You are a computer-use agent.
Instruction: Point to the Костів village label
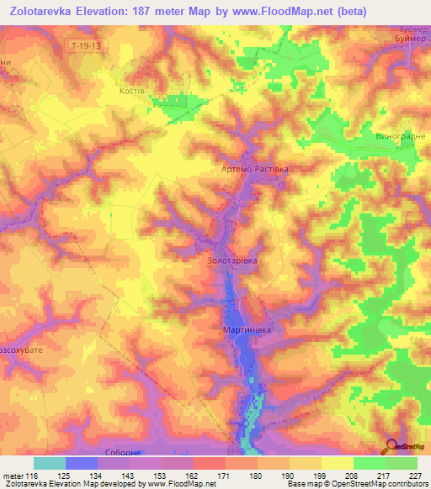pos(134,90)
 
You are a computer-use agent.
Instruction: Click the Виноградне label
pos(397,135)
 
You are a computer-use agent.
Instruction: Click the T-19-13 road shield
pos(87,48)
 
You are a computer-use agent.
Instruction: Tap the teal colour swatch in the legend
pos(50,463)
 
